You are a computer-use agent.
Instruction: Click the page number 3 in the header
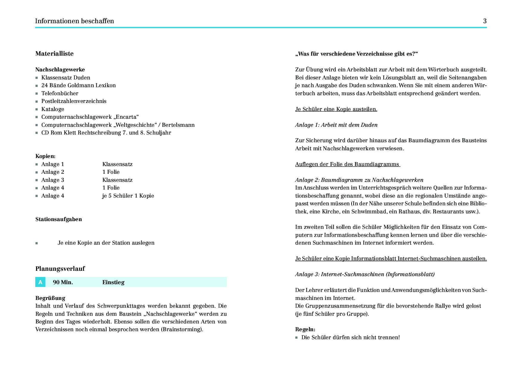click(x=485, y=21)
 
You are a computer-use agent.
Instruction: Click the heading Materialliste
click(x=54, y=54)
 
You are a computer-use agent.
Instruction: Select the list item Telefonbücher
click(x=60, y=93)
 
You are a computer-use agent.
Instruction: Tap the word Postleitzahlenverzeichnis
click(x=74, y=101)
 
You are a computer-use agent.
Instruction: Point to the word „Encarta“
click(x=126, y=117)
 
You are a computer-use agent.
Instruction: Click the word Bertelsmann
click(x=178, y=125)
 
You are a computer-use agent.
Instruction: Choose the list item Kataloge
click(x=53, y=109)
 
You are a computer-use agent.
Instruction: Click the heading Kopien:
click(x=45, y=156)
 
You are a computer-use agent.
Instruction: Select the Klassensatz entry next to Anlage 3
click(x=117, y=180)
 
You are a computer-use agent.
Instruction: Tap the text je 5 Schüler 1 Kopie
click(x=128, y=196)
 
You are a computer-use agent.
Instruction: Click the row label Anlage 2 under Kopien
click(x=53, y=172)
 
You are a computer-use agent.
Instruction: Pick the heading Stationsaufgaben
click(x=59, y=219)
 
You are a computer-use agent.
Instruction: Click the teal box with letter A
click(x=40, y=282)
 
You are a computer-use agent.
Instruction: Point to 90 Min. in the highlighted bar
click(x=63, y=282)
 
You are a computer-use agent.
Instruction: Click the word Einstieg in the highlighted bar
click(x=113, y=282)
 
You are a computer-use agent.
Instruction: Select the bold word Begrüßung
click(x=50, y=298)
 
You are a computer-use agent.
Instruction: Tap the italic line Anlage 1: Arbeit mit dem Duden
click(x=336, y=125)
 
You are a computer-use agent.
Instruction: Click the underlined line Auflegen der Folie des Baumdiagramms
click(x=347, y=164)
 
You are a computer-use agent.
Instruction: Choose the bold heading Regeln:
click(x=305, y=329)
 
